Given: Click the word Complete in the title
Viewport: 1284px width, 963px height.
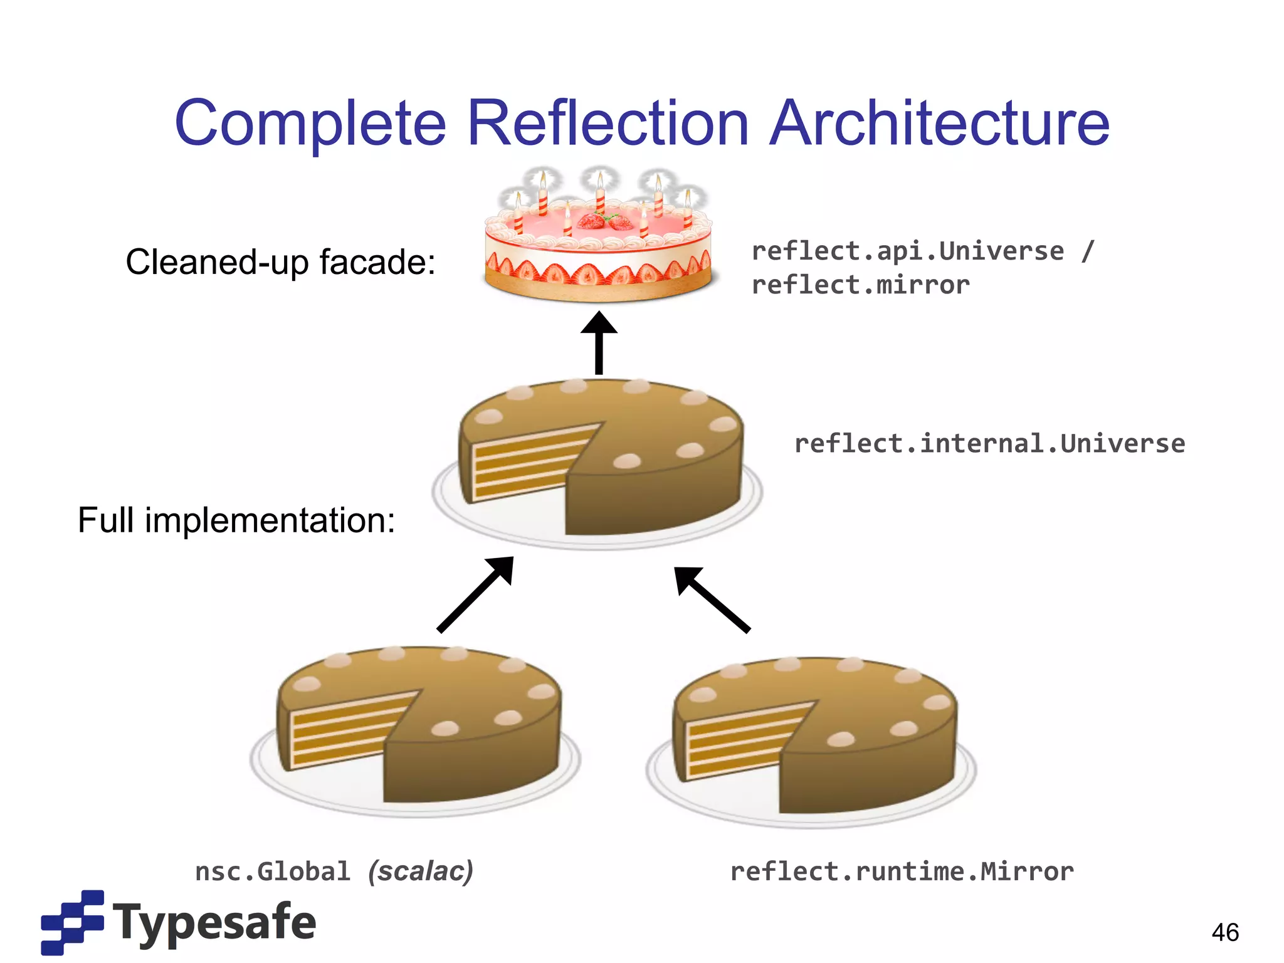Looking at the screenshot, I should click(x=310, y=124).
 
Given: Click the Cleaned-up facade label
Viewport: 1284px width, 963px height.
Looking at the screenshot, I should click(x=280, y=262).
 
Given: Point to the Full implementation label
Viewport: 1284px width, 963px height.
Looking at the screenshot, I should click(x=236, y=520).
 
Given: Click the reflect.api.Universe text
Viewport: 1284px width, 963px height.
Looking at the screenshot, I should click(x=907, y=251).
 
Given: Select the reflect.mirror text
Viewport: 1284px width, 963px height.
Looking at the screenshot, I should click(x=860, y=285).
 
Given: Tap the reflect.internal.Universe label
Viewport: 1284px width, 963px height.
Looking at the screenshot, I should click(x=989, y=444).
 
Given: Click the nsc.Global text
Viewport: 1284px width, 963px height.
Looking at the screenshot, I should click(x=272, y=872).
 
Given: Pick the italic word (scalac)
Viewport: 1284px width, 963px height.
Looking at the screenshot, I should click(x=421, y=872).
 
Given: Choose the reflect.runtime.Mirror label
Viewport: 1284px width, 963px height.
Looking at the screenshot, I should click(x=902, y=872).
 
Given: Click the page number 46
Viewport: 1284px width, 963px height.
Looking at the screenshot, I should click(x=1225, y=932).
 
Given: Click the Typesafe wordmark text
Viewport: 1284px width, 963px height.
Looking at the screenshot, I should click(x=214, y=922).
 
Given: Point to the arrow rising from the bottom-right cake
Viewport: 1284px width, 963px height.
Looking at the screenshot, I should click(x=711, y=599).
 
